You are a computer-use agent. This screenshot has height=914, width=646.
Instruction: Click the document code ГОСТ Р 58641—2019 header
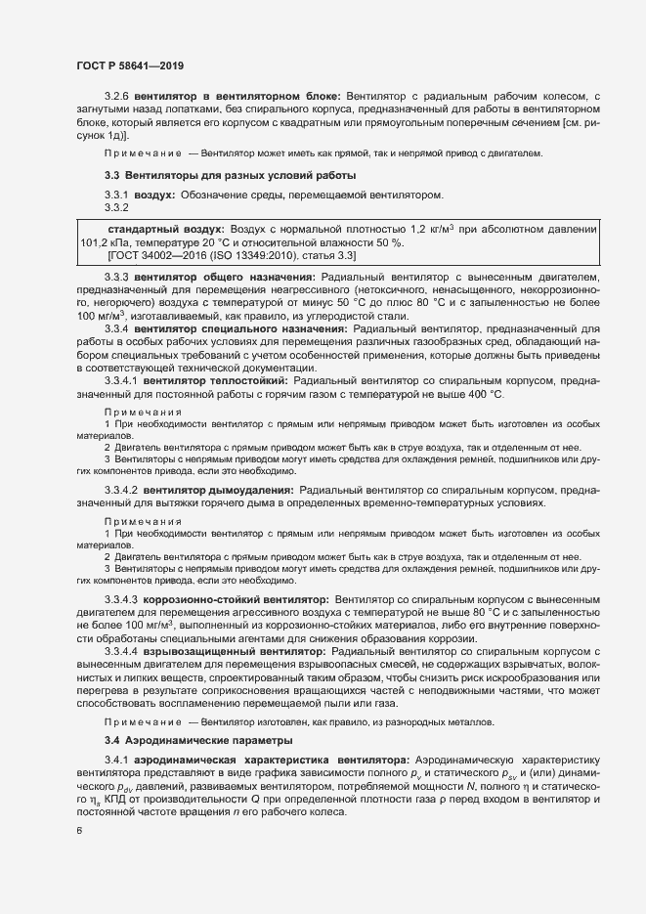tap(129, 65)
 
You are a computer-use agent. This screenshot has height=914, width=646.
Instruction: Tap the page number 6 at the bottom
tap(79, 830)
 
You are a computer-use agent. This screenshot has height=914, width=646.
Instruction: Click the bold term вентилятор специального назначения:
tap(243, 328)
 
